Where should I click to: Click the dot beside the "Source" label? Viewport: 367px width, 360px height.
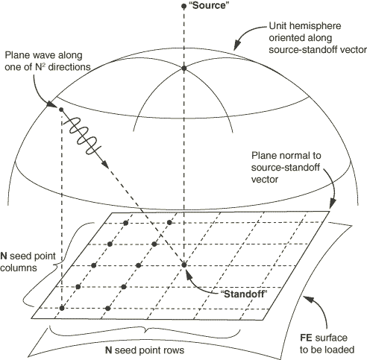183,6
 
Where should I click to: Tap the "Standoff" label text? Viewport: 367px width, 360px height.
244,294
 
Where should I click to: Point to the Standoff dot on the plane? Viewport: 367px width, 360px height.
184,265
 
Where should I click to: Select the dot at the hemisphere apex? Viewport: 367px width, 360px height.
183,68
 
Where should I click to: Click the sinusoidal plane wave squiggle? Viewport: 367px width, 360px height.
82,134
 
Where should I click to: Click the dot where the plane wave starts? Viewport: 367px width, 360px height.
61,110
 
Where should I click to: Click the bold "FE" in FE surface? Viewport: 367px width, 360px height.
306,338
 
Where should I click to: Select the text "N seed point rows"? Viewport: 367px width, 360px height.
145,350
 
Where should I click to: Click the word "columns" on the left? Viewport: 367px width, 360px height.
19,268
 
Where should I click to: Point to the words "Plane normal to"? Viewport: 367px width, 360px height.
286,156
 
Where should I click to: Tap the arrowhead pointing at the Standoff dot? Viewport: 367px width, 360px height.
188,274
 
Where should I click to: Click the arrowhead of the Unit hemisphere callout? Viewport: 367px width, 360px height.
237,45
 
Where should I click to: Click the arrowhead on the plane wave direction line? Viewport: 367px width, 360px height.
105,164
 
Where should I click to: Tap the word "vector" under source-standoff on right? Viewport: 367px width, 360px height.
265,180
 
